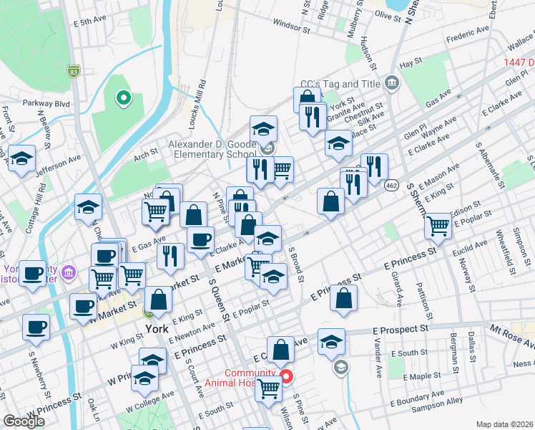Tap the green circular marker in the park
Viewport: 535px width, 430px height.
(123, 97)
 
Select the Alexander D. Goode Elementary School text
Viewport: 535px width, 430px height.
(212, 148)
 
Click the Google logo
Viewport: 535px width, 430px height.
(24, 421)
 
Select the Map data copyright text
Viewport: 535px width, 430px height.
(504, 424)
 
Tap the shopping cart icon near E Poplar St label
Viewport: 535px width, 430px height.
(438, 226)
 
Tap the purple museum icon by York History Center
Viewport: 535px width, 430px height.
(68, 272)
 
